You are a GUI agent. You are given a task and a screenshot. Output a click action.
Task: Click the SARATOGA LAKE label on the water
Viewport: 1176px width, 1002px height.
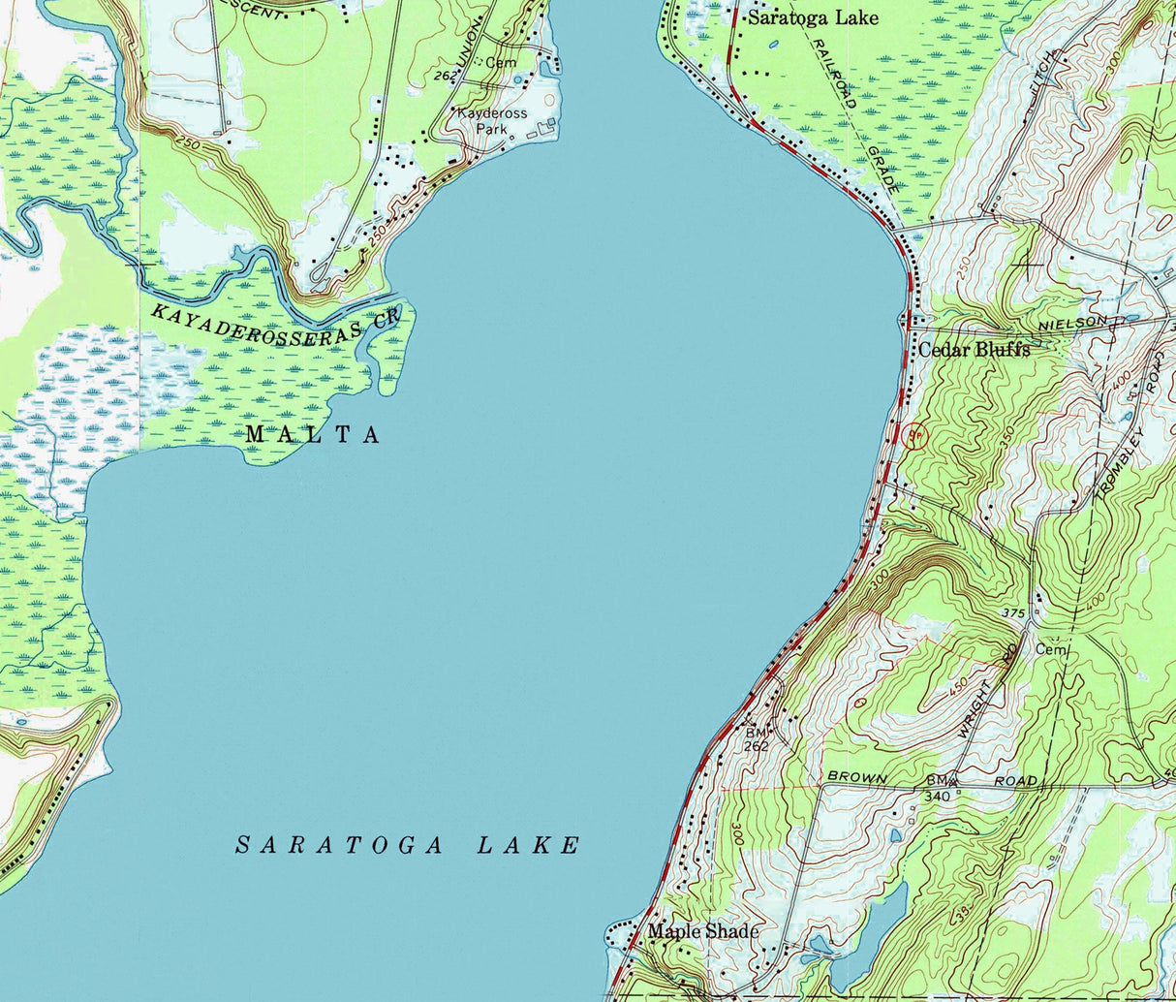(408, 845)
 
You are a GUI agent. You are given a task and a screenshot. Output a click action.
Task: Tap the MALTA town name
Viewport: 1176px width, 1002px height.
(312, 435)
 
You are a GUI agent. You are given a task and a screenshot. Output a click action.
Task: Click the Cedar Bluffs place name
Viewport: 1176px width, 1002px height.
(974, 350)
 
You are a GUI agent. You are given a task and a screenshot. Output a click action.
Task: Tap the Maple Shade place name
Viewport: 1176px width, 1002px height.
(703, 931)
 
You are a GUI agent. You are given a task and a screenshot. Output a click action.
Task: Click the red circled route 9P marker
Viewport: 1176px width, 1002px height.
(913, 436)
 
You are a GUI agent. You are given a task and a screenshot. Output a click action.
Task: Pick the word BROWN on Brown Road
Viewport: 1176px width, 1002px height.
(856, 778)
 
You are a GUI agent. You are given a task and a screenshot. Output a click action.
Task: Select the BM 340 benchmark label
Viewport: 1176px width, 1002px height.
(938, 788)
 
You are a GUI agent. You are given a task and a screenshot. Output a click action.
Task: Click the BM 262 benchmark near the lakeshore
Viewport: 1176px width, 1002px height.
(757, 738)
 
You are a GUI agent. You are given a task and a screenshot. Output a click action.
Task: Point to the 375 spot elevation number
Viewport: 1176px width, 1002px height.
(1013, 612)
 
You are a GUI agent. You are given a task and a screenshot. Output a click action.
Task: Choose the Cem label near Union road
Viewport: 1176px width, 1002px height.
(500, 62)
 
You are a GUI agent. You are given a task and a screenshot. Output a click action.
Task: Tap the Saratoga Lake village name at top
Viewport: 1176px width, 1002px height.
(812, 17)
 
